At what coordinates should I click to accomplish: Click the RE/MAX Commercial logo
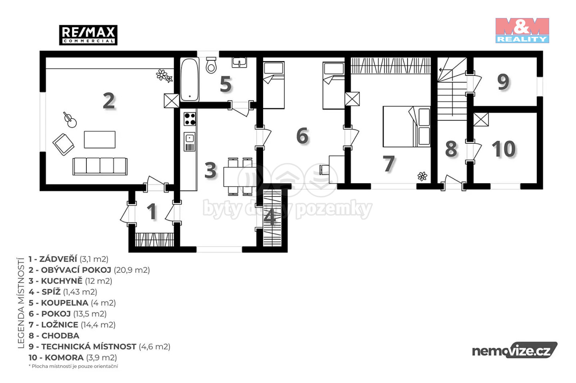click(88, 35)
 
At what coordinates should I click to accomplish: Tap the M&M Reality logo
click(522, 30)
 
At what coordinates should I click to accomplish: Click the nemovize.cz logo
click(514, 350)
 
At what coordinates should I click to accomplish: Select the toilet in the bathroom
click(211, 65)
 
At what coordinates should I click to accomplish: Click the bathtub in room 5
click(190, 79)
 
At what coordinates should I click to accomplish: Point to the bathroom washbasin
click(239, 62)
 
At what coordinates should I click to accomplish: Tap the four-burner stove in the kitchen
click(190, 119)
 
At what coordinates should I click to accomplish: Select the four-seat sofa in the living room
click(100, 167)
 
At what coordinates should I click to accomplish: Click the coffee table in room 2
click(100, 140)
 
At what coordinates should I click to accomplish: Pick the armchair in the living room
click(64, 144)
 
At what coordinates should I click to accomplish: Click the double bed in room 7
click(406, 127)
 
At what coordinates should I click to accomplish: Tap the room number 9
click(503, 82)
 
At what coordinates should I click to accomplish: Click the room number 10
click(504, 149)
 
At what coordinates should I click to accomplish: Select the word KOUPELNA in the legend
click(65, 303)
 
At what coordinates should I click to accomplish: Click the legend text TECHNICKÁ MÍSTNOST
click(89, 347)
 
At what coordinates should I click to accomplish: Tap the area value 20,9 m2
click(132, 270)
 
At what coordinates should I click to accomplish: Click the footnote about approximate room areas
click(73, 366)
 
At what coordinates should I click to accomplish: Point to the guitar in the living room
click(70, 120)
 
